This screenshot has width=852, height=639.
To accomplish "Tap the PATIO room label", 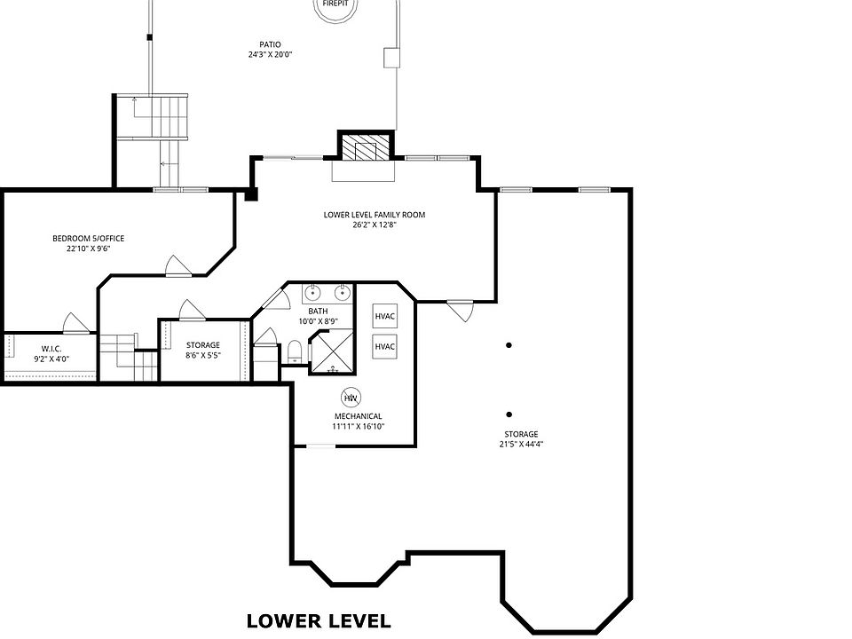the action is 270,44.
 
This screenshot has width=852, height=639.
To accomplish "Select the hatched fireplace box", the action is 366,146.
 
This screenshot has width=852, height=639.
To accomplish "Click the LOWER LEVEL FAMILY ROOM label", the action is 375,215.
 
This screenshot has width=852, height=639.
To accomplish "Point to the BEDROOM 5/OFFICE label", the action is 89,238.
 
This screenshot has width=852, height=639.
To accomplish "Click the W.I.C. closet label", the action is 51,348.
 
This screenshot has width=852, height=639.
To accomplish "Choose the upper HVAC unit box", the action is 384,316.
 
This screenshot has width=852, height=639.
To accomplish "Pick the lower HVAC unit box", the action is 384,347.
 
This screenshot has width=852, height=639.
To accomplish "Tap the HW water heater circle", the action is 351,398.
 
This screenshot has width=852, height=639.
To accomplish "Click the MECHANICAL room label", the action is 358,416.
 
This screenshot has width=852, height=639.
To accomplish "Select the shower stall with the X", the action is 331,351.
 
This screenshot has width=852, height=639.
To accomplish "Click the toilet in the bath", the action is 295,351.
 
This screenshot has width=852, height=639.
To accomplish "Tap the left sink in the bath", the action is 312,293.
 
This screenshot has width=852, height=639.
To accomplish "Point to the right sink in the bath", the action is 341,293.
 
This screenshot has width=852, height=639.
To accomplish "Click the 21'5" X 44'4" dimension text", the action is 522,444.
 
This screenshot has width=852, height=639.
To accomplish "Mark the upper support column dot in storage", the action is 509,345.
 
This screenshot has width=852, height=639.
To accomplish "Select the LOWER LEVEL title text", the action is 319,621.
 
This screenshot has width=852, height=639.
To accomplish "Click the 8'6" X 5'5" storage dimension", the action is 203,355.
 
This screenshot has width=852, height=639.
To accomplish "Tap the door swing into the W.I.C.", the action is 75,323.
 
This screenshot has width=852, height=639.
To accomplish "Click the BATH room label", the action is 318,312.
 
